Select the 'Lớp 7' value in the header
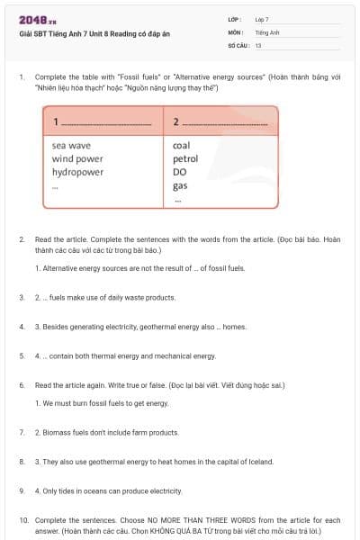point(262,19)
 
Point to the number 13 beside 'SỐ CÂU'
point(258,44)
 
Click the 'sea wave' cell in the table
point(71,145)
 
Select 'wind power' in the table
point(77,158)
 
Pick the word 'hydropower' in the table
point(77,172)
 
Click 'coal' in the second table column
point(181,145)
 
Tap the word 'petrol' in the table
point(185,158)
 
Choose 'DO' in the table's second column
point(179,172)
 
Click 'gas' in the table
point(180,186)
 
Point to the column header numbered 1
point(56,121)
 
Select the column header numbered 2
point(176,121)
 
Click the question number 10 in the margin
point(23,520)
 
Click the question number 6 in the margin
point(22,384)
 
